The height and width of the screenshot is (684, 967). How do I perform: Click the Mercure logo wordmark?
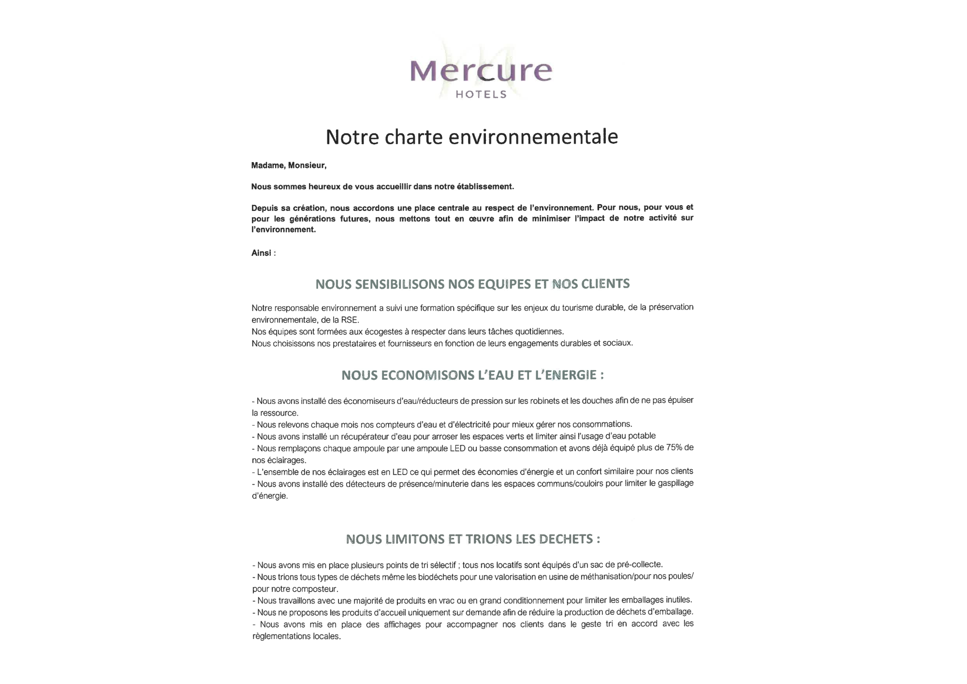coord(481,71)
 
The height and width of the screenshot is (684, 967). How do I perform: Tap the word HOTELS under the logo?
coord(481,94)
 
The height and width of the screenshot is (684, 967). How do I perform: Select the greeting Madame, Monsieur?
coord(289,165)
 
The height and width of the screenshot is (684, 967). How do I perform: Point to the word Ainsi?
coord(261,253)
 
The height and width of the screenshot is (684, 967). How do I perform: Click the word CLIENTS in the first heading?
coord(605,284)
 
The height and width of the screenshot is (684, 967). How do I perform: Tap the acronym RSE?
coord(349,320)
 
